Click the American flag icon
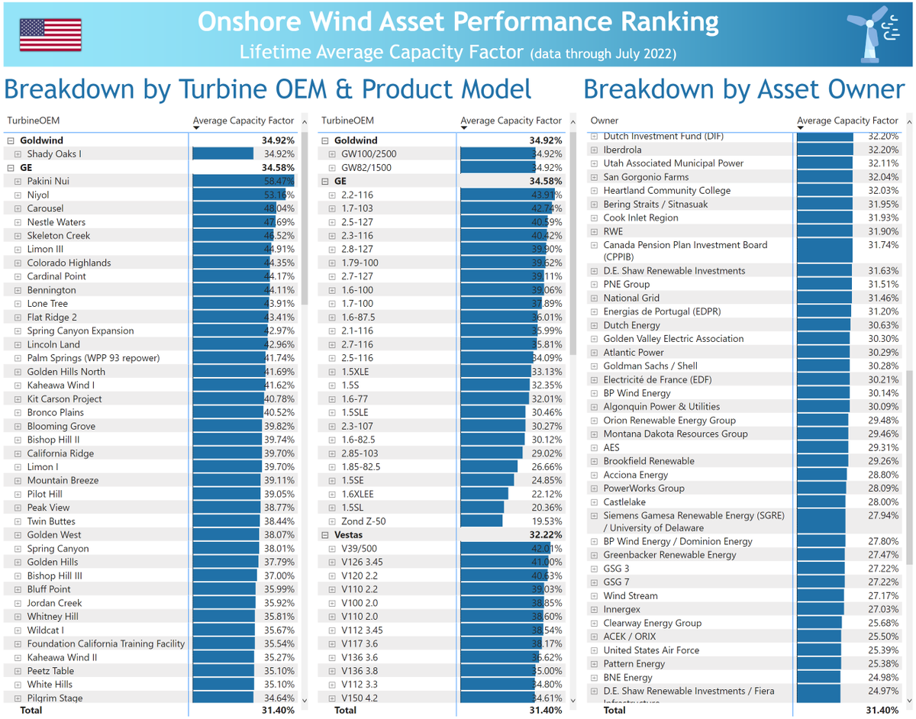click(x=50, y=35)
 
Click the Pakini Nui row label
click(x=48, y=181)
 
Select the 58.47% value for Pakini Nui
click(x=279, y=181)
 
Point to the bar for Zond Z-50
click(x=481, y=521)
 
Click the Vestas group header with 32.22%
click(x=349, y=535)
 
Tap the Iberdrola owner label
click(x=622, y=150)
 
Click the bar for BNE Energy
click(x=818, y=677)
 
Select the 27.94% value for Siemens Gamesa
click(x=883, y=515)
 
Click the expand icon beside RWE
click(x=594, y=231)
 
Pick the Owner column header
click(x=605, y=121)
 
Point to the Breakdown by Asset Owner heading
click(x=743, y=89)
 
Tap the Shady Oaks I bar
click(x=223, y=153)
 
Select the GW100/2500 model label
click(x=369, y=153)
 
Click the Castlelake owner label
click(x=624, y=501)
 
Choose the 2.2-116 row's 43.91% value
click(x=547, y=195)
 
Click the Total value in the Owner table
click(x=882, y=710)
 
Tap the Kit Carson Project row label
click(x=64, y=398)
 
